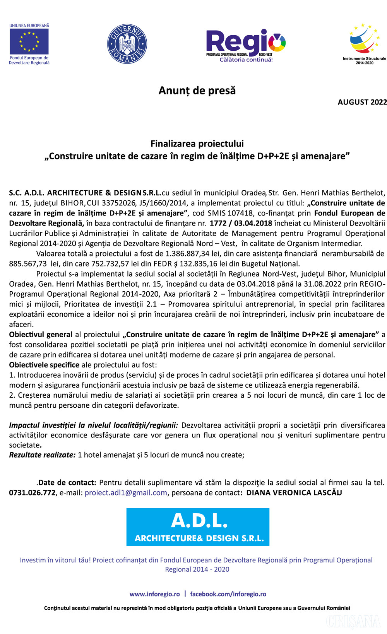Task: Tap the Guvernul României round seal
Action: click(127, 44)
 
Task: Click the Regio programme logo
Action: click(246, 45)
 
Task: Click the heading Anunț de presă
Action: click(197, 91)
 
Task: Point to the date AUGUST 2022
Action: click(362, 102)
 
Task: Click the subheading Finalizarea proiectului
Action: click(197, 144)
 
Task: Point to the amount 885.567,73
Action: click(28, 264)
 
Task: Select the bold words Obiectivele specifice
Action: click(44, 365)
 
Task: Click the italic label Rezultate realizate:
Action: click(42, 455)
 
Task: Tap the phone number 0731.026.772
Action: click(32, 493)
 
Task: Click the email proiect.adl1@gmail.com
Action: click(126, 493)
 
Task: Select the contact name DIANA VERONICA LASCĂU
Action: click(294, 493)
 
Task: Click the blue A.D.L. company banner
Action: click(198, 527)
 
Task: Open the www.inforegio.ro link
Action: click(154, 594)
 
